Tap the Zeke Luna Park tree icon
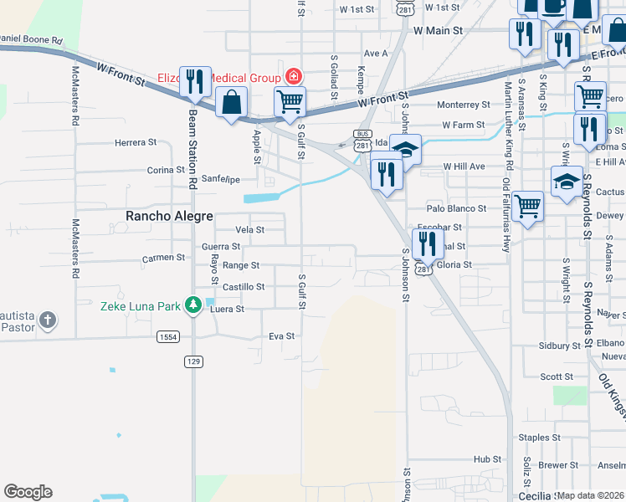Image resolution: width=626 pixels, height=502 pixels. click(193, 305)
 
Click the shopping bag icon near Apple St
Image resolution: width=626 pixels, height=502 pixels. click(231, 103)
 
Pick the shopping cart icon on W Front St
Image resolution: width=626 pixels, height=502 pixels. click(290, 102)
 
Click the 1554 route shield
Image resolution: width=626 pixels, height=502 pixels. click(167, 336)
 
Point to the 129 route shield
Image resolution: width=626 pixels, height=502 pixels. click(193, 361)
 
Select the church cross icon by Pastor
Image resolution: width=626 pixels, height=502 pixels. click(49, 320)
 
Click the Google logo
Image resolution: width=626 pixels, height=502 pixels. click(28, 492)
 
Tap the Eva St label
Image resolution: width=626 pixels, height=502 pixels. click(282, 336)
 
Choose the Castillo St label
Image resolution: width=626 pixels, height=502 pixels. click(243, 287)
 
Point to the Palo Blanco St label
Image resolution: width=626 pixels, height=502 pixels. click(456, 208)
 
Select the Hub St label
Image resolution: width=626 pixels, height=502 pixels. click(487, 459)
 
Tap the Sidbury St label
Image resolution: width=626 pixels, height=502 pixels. click(560, 345)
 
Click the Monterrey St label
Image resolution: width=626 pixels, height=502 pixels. click(464, 105)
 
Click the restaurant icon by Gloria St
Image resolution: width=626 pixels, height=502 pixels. click(427, 243)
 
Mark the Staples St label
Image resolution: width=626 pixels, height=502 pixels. click(539, 438)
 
